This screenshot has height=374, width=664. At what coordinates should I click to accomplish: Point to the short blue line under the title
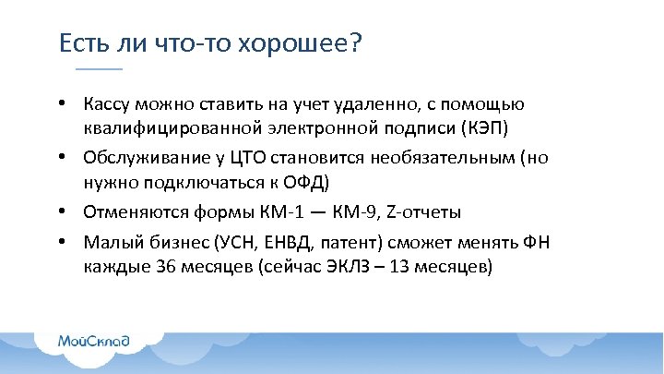(99, 69)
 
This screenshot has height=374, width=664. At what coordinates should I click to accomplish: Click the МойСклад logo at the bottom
(93, 341)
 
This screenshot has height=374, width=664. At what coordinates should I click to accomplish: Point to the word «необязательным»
(440, 158)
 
